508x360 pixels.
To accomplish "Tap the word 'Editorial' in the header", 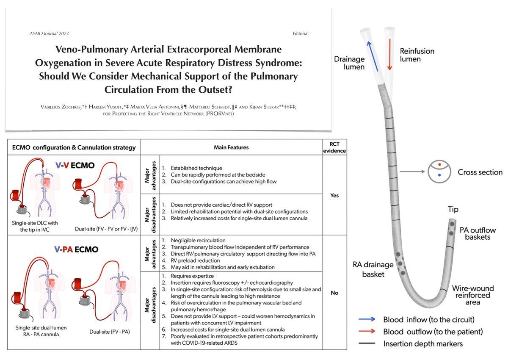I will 300,33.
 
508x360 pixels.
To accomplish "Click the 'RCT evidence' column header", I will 334,147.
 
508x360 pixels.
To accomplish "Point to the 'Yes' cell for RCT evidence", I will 334,196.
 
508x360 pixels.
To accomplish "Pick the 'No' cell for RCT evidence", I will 334,293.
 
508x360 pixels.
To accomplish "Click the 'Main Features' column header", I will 231,147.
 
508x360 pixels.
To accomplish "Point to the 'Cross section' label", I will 480,172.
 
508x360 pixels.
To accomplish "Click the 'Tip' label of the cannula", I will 453,210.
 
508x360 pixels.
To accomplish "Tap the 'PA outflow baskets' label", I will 478,233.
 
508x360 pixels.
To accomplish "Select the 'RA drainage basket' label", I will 373,269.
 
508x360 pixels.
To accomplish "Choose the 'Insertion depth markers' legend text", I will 423,343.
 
